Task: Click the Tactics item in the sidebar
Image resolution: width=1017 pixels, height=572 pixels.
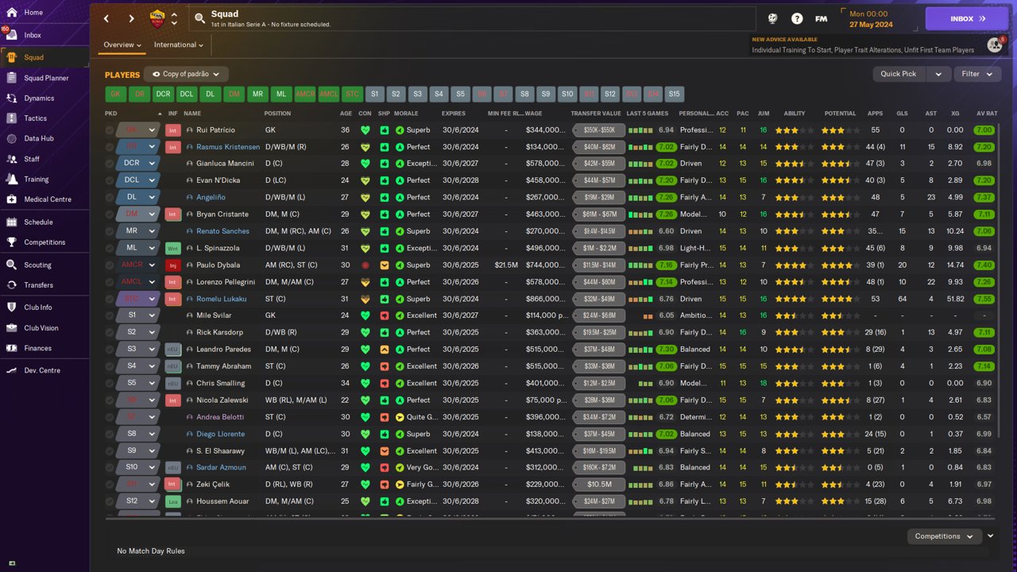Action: (x=36, y=118)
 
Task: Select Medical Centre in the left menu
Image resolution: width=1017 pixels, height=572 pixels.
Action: (x=47, y=199)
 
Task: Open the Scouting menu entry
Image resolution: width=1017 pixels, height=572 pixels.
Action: (x=37, y=265)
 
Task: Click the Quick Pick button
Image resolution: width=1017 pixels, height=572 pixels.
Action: (x=899, y=74)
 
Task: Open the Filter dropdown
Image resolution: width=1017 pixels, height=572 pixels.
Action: (x=976, y=74)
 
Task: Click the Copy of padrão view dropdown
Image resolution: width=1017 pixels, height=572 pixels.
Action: (x=186, y=74)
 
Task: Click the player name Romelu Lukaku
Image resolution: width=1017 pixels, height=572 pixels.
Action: (x=221, y=299)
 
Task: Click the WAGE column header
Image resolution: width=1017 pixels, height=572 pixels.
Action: (x=533, y=114)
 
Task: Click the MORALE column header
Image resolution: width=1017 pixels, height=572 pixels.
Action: (x=406, y=114)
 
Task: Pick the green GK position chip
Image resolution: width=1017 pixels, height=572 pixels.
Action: (x=116, y=94)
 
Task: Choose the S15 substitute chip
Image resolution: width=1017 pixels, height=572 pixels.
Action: (x=674, y=94)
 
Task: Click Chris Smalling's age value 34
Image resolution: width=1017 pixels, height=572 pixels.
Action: (x=346, y=383)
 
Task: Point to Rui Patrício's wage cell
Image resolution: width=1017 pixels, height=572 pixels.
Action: (x=545, y=130)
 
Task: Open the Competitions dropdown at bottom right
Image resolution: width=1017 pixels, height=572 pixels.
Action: (x=944, y=536)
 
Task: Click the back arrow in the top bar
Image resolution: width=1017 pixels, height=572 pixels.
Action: (x=106, y=18)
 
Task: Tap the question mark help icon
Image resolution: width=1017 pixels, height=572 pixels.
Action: (x=797, y=18)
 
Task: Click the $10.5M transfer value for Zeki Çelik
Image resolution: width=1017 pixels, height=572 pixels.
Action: (x=598, y=484)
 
